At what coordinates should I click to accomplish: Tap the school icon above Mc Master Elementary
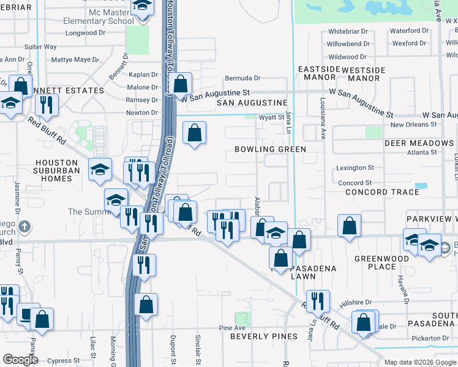point(142,7)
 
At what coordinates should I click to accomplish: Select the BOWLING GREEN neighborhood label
point(270,149)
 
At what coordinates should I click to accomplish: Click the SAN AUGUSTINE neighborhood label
point(252,103)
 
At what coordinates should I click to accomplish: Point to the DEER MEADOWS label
point(419,143)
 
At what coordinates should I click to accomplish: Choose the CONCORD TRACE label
point(382,192)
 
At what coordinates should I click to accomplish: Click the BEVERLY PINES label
point(264,336)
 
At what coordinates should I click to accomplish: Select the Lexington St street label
point(355,168)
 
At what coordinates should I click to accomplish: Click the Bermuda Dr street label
point(242,78)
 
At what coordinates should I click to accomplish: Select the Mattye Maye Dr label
point(75,60)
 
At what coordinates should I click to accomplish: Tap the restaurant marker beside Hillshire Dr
point(318,300)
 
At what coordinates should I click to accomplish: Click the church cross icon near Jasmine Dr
point(24,228)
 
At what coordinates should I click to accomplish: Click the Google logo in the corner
point(21,360)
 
